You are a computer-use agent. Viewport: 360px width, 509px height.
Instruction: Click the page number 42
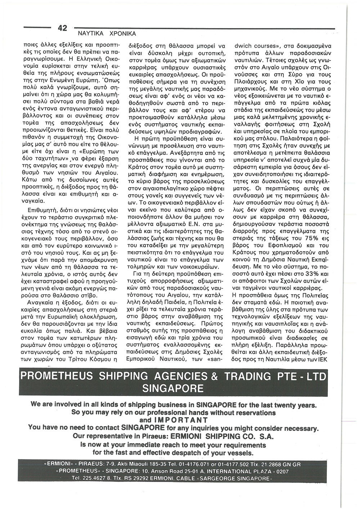(62, 28)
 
